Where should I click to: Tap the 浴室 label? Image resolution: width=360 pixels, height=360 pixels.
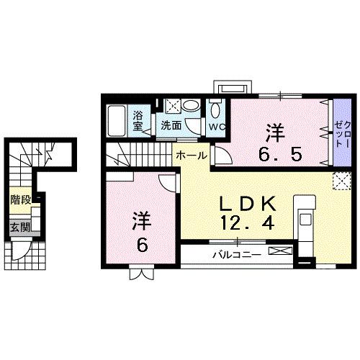point(139,119)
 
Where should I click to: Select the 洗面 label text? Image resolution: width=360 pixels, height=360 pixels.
point(171,125)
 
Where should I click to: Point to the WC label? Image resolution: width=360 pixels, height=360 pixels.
point(217,125)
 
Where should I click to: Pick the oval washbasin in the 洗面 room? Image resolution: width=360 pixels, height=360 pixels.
point(191,106)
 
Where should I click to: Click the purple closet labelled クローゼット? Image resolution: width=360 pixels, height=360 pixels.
point(340,132)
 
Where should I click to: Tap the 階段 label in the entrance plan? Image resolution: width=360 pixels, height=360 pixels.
point(20,199)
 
